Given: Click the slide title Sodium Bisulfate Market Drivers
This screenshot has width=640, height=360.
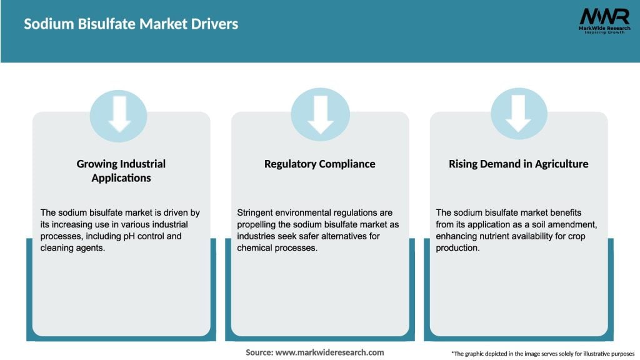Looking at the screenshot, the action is tap(131, 24).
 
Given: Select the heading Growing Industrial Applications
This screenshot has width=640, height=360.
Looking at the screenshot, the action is tap(121, 171).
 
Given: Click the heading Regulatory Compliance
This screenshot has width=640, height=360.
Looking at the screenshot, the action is tap(319, 164).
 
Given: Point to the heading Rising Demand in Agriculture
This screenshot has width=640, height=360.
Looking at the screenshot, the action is tap(518, 164).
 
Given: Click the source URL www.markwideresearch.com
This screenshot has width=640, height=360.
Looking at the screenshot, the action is tap(329, 352).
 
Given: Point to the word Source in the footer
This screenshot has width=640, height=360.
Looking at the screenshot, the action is tap(259, 352).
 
